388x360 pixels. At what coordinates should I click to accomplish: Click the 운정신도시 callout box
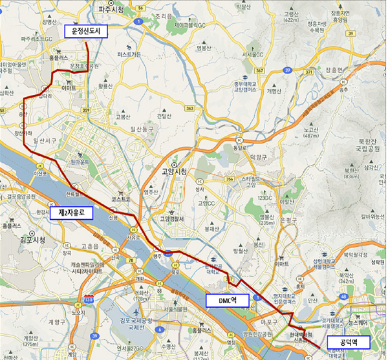89,30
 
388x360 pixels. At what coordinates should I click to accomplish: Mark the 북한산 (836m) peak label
371,173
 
